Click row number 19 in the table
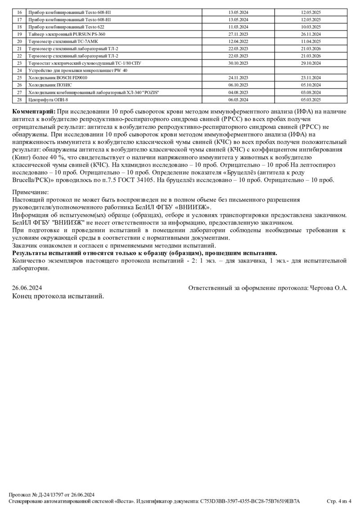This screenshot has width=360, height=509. tap(19, 34)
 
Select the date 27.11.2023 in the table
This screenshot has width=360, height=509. tap(238, 34)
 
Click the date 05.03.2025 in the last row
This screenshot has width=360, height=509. tap(310, 99)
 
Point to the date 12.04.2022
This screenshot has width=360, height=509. tap(238, 41)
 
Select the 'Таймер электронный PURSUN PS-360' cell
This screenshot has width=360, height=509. tap(67, 34)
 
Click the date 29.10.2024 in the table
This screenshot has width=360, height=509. tap(310, 63)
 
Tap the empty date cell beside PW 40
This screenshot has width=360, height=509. tap(238, 71)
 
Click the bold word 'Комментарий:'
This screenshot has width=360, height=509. tap(34, 112)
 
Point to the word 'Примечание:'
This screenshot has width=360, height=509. tap(31, 192)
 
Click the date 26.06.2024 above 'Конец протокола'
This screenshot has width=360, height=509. tap(27, 287)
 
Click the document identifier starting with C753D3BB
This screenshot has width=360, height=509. tap(250, 501)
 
